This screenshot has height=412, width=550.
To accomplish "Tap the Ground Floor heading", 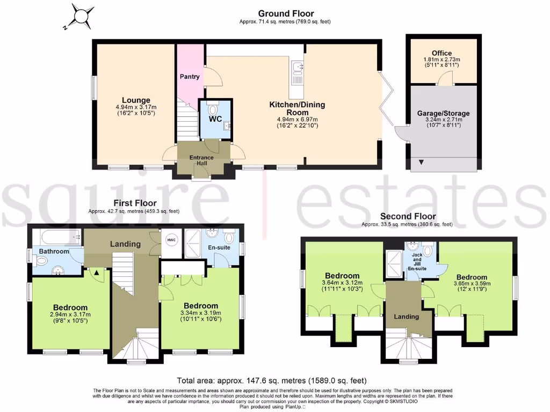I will pos(286,13).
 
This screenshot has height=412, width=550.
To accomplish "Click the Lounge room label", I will pos(136,100).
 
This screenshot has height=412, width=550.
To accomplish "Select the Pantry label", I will pos(190,77).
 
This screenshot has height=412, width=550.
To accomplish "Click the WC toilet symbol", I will pos(211,110).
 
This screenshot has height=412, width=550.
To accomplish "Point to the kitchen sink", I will pos(297,68).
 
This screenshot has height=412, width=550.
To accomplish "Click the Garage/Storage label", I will pos(443,113).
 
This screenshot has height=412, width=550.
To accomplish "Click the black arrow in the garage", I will pos(421,162).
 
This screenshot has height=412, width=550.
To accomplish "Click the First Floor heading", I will pos(135,203).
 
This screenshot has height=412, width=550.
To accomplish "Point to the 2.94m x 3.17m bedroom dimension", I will pos(70,314).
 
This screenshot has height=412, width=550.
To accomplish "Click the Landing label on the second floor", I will pos(407,317).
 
